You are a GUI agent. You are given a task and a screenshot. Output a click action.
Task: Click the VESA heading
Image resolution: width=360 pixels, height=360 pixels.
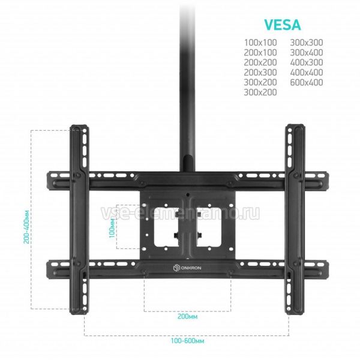point(282,25)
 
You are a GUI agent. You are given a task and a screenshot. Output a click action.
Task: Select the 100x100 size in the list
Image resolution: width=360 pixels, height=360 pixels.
point(260,43)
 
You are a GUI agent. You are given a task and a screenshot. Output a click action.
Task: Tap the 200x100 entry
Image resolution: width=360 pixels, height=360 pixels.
point(260,53)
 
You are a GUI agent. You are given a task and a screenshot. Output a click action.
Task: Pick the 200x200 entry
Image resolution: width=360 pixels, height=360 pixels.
point(260,62)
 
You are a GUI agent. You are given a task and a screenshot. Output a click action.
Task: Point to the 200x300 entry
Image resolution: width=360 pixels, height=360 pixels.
point(260,73)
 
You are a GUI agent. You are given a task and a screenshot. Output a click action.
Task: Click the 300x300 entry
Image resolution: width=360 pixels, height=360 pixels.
point(307,43)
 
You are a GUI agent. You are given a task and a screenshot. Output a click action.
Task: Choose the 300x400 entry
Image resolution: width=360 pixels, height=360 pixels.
point(307,53)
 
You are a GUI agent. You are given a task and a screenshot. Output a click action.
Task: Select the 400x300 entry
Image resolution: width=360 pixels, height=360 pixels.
point(307,62)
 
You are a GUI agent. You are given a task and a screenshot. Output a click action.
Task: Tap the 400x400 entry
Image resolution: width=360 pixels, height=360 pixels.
point(307,73)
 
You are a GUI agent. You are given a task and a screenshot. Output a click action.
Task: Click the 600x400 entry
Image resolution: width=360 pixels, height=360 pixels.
point(307,82)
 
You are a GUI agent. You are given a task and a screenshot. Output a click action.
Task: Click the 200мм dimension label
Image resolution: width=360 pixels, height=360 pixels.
point(187,316)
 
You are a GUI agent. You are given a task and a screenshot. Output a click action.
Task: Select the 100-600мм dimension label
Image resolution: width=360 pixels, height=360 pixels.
point(187,341)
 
